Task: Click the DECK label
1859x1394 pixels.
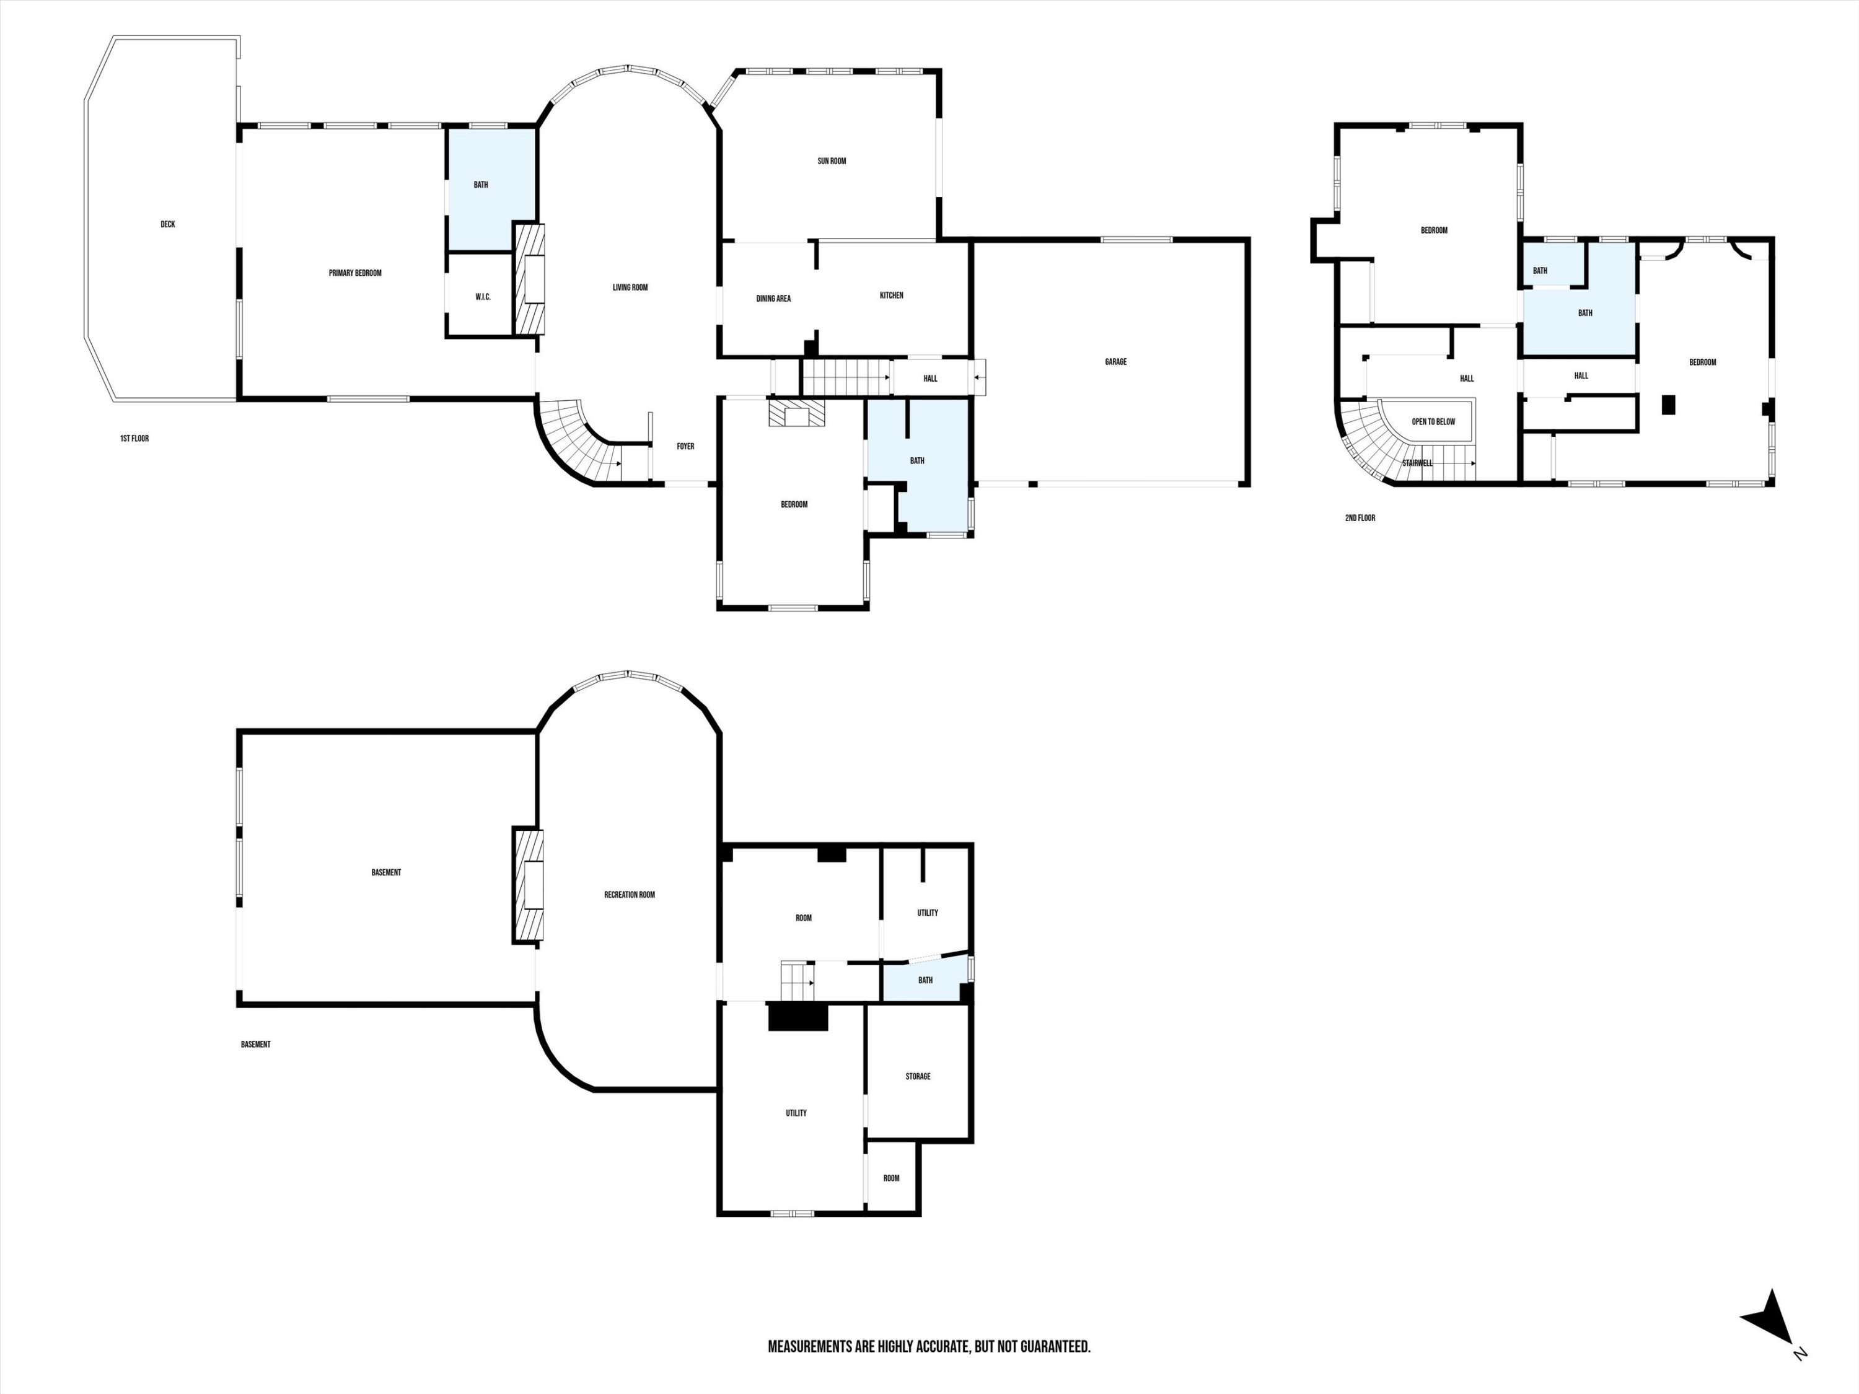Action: click(x=168, y=224)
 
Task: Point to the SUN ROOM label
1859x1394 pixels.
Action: click(x=832, y=161)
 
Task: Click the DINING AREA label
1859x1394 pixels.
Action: click(x=773, y=298)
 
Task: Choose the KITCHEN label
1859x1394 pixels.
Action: click(x=892, y=296)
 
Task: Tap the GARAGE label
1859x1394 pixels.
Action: click(x=1116, y=362)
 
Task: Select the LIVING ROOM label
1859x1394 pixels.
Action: click(x=630, y=287)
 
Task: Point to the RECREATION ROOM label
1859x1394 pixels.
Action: click(x=630, y=895)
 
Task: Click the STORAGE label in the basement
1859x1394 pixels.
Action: click(x=918, y=1076)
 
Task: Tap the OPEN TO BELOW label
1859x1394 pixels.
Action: click(x=1434, y=422)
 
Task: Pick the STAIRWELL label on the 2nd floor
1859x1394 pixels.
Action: click(x=1417, y=463)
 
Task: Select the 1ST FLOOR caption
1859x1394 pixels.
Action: click(x=134, y=439)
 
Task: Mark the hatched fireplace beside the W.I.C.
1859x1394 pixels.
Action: click(x=529, y=280)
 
